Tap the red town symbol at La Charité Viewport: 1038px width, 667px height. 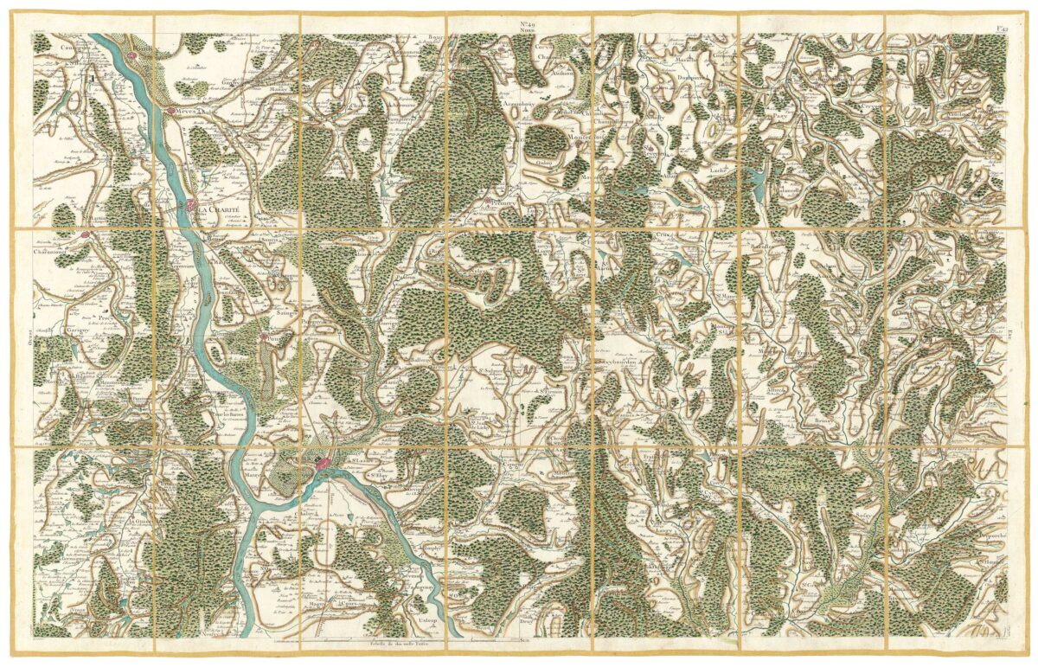(191, 206)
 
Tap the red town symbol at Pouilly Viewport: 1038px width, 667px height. (265, 337)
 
